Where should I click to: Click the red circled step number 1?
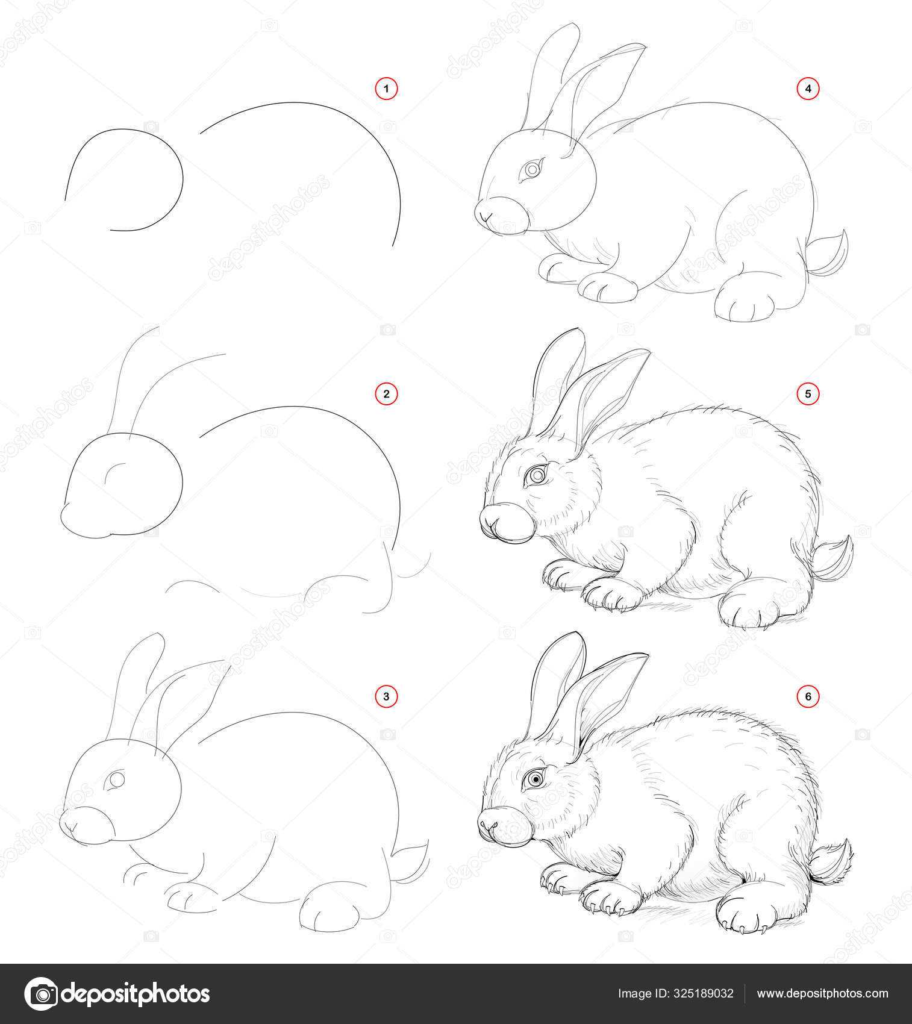(386, 90)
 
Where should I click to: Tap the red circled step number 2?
(386, 394)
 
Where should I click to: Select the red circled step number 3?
(386, 697)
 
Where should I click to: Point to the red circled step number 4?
(808, 89)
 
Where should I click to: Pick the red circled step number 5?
(808, 394)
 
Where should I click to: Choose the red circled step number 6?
(808, 697)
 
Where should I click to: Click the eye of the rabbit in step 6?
(534, 779)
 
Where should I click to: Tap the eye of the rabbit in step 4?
(531, 170)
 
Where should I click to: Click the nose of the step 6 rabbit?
(488, 823)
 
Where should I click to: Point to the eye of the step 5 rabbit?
(535, 476)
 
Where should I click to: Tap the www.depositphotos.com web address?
(822, 994)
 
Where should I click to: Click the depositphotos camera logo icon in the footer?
(41, 993)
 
